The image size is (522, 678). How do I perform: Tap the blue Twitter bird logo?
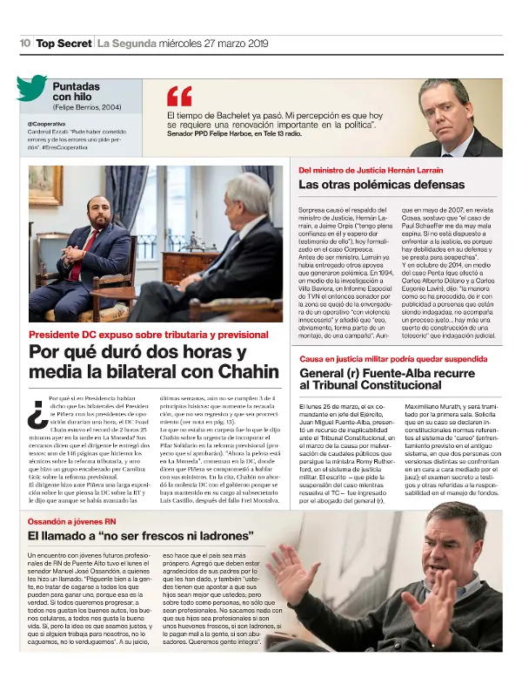(x=31, y=89)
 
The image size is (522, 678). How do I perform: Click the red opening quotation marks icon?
(x=179, y=96)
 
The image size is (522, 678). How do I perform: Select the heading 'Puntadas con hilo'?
(x=82, y=93)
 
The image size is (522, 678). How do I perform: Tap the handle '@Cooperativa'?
(x=47, y=124)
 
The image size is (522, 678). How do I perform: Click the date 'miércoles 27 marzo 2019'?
(x=196, y=43)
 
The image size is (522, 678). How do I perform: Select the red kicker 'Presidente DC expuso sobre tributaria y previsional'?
(x=137, y=335)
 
